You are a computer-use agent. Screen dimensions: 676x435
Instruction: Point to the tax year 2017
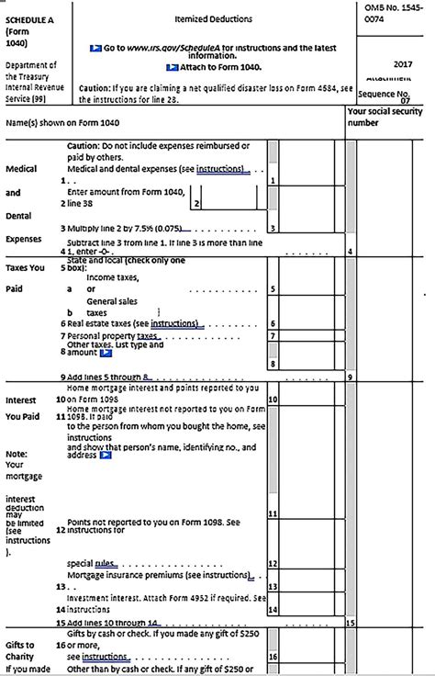pos(401,64)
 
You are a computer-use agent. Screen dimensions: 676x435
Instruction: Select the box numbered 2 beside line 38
pos(195,203)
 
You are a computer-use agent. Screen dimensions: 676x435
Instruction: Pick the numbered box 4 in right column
pos(351,251)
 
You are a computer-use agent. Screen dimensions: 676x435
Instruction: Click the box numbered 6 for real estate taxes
pos(273,324)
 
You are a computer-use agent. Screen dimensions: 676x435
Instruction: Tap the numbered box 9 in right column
pos(351,377)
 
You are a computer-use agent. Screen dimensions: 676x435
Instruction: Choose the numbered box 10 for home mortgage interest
pos(273,401)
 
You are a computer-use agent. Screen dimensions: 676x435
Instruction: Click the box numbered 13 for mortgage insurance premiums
pos(273,585)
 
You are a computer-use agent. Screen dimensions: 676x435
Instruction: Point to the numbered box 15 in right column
pos(351,622)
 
